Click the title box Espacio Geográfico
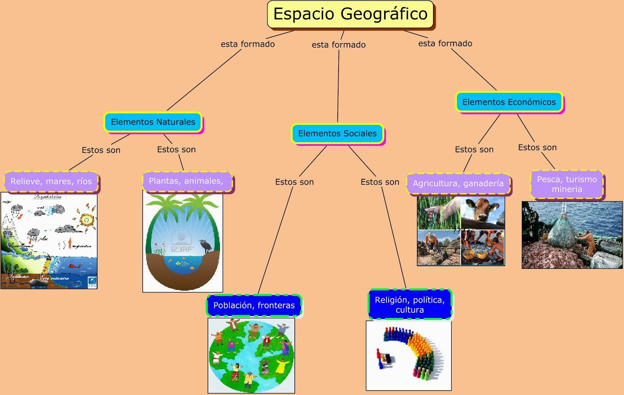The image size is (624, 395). [350, 14]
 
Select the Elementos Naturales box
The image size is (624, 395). [153, 122]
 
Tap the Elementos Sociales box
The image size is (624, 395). [337, 134]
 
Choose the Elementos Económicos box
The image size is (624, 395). [509, 102]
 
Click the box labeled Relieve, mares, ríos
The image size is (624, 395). [51, 182]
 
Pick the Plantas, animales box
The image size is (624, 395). [186, 181]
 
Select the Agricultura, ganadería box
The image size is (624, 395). [458, 183]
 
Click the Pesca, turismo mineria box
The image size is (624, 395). [567, 184]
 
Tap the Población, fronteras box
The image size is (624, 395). [254, 305]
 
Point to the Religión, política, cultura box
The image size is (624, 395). [409, 305]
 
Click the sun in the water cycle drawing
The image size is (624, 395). [87, 220]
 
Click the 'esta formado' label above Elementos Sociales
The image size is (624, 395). [339, 45]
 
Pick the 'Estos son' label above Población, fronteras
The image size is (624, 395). [294, 182]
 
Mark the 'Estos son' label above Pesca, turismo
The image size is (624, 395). [537, 148]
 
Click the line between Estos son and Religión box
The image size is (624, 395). [394, 238]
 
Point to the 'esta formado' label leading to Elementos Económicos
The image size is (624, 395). [445, 43]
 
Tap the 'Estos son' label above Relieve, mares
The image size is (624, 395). [101, 150]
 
